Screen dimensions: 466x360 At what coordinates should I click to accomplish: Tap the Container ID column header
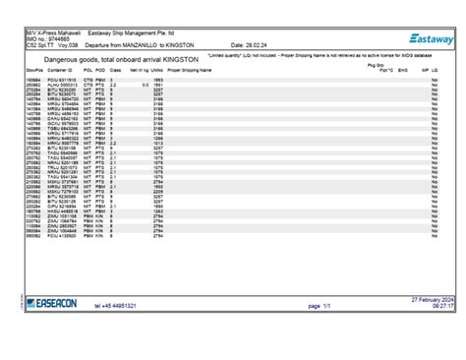click(60, 72)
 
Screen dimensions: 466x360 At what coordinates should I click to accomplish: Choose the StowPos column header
click(34, 72)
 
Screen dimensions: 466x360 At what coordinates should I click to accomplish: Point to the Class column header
click(115, 72)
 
